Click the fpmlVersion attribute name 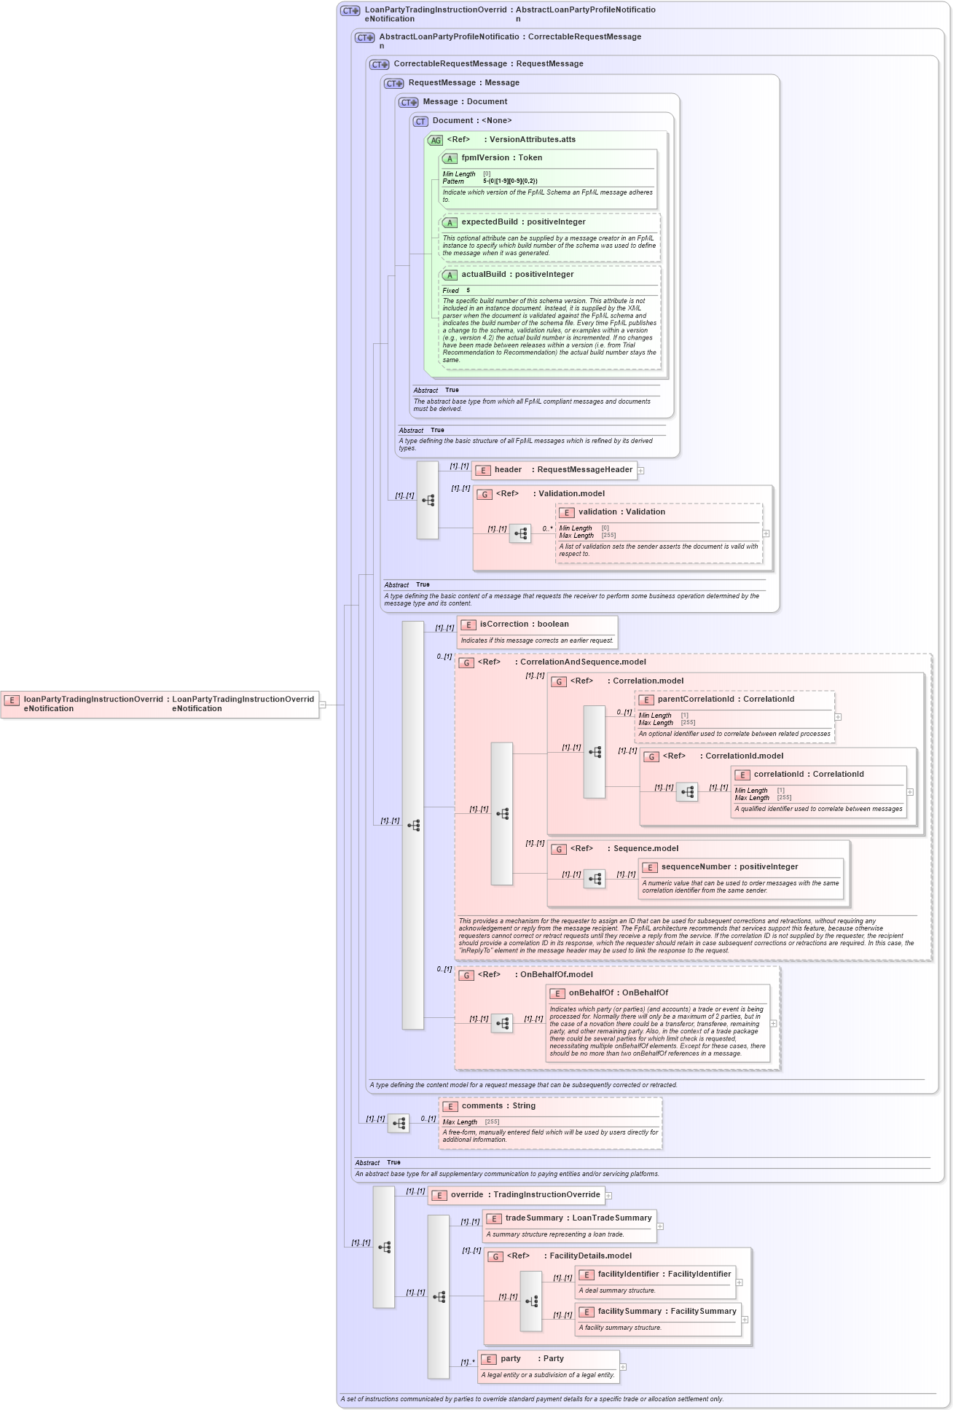(485, 158)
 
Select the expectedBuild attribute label (489, 222)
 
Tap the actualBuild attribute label (484, 275)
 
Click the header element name (508, 470)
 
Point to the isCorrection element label (503, 624)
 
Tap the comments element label (482, 1106)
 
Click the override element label (467, 1195)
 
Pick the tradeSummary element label (534, 1218)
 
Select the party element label (511, 1359)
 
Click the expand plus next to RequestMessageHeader (641, 471)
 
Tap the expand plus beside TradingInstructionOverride (608, 1196)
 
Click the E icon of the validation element (567, 513)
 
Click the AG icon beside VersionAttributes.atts (435, 141)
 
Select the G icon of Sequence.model (559, 850)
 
